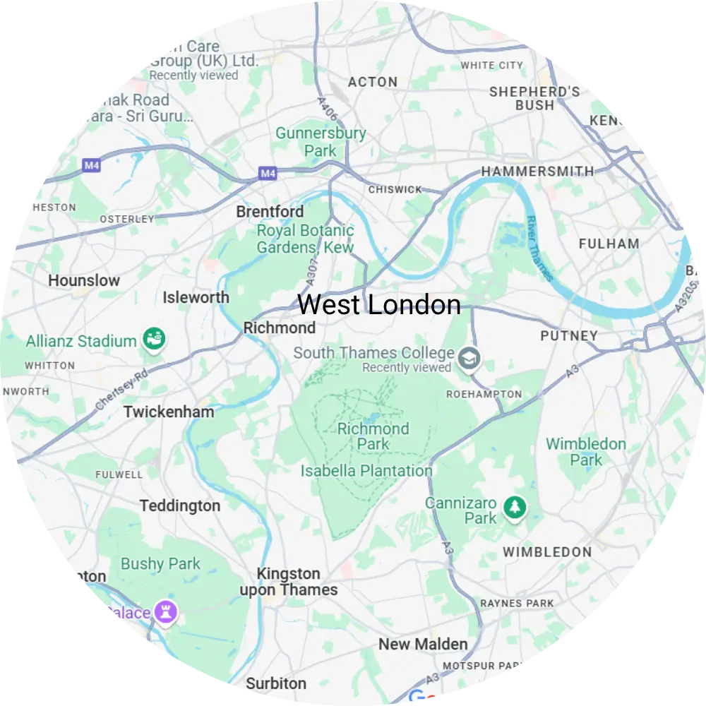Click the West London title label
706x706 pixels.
point(379,305)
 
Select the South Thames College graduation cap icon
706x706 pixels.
point(467,359)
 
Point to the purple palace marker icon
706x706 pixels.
point(167,612)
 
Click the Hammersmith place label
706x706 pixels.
point(537,172)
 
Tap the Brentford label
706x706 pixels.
point(270,212)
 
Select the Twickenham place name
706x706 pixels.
point(169,412)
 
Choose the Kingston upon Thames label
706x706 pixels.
point(289,582)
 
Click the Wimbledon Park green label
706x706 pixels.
point(586,452)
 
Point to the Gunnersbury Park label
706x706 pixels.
point(321,142)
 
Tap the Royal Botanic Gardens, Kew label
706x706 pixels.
point(305,239)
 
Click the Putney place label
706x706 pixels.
point(569,336)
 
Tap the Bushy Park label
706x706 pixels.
point(160,564)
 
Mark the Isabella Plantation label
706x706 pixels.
point(366,471)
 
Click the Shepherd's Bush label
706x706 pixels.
point(534,98)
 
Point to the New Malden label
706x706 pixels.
point(423,644)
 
